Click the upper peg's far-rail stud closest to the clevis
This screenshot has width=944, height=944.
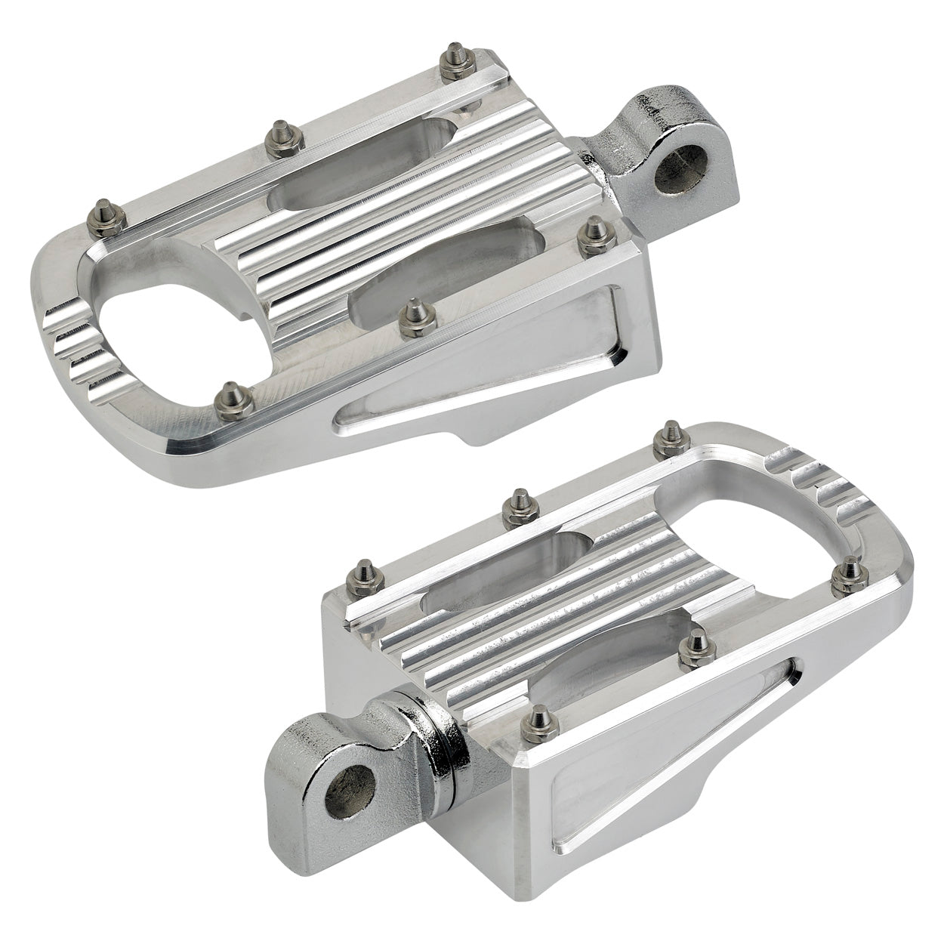tap(455, 57)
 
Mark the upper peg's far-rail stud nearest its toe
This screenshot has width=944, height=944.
tap(100, 211)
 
